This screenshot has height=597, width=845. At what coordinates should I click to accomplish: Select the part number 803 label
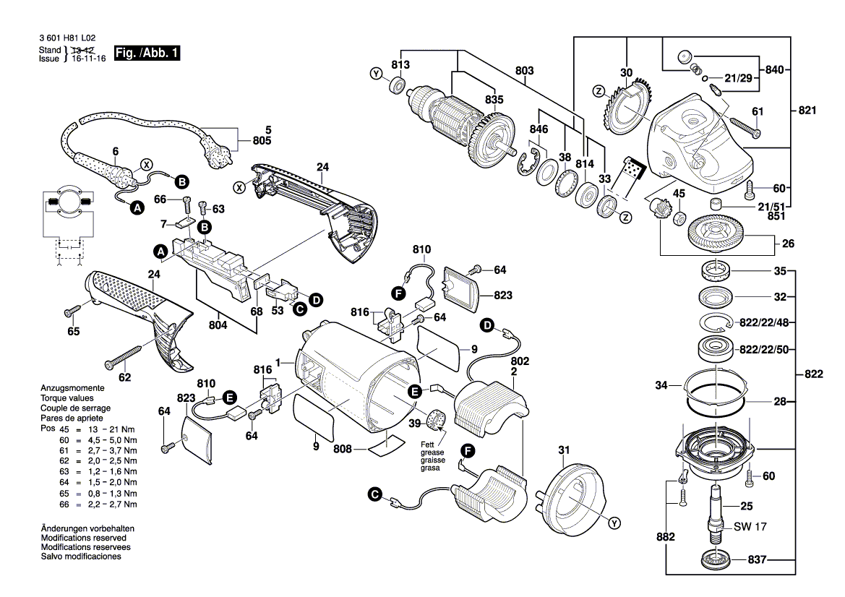click(524, 71)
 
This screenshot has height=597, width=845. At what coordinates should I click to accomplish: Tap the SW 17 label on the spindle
click(750, 527)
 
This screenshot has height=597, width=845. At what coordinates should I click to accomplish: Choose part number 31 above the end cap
click(564, 451)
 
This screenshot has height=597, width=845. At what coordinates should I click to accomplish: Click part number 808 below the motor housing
click(342, 449)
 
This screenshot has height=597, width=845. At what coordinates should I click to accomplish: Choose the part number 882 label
click(666, 538)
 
